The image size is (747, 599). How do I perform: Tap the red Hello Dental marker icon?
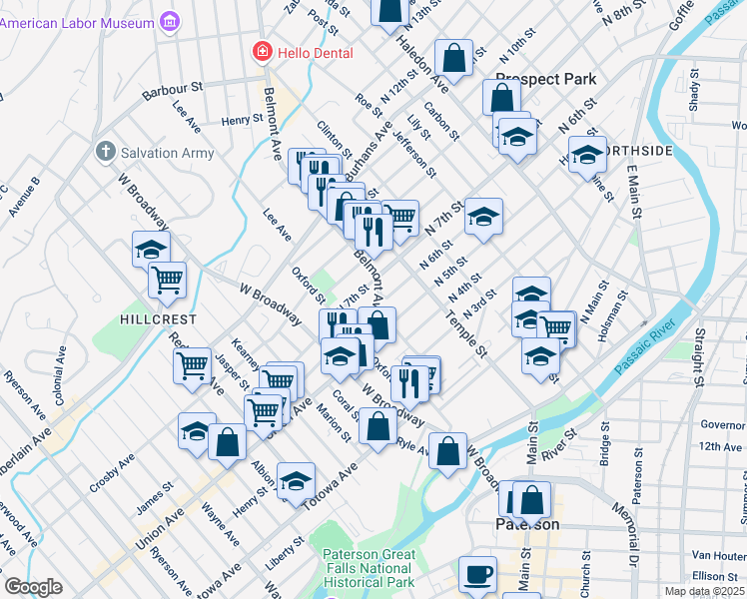262,51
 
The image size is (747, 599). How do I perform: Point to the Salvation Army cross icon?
103,153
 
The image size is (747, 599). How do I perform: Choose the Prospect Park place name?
545,79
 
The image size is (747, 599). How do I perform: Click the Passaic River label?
645,350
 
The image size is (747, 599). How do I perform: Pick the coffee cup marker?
476,574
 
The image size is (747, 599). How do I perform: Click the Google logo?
33,587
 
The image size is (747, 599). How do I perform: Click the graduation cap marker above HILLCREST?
151,250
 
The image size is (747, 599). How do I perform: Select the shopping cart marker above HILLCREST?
167,280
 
